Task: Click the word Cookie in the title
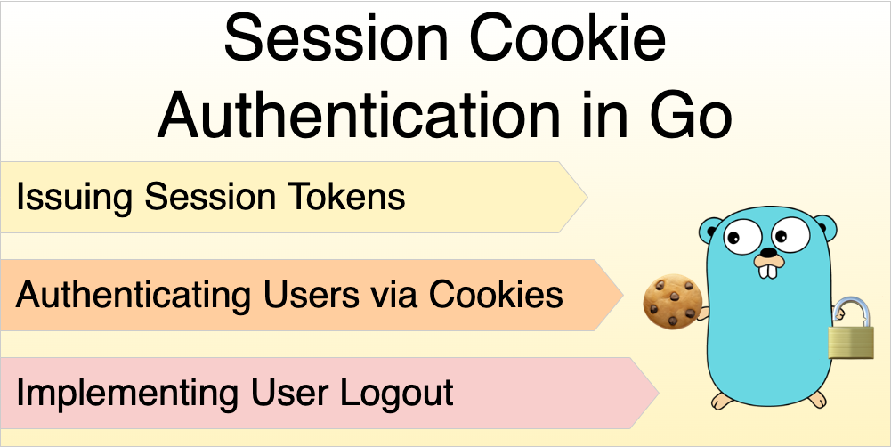pyautogui.click(x=568, y=38)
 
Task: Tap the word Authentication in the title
pyautogui.click(x=359, y=116)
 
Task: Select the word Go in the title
pyautogui.click(x=691, y=116)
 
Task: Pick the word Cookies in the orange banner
pyautogui.click(x=496, y=295)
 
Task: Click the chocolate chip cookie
pyautogui.click(x=673, y=301)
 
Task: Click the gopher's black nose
pyautogui.click(x=768, y=253)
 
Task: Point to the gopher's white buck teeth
pyautogui.click(x=768, y=271)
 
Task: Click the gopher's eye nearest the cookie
pyautogui.click(x=742, y=237)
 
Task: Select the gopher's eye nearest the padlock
pyautogui.click(x=790, y=234)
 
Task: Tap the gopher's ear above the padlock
pyautogui.click(x=826, y=228)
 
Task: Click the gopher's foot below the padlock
pyautogui.click(x=817, y=399)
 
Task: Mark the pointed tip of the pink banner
pyautogui.click(x=660, y=393)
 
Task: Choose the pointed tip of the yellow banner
pyautogui.click(x=587, y=197)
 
